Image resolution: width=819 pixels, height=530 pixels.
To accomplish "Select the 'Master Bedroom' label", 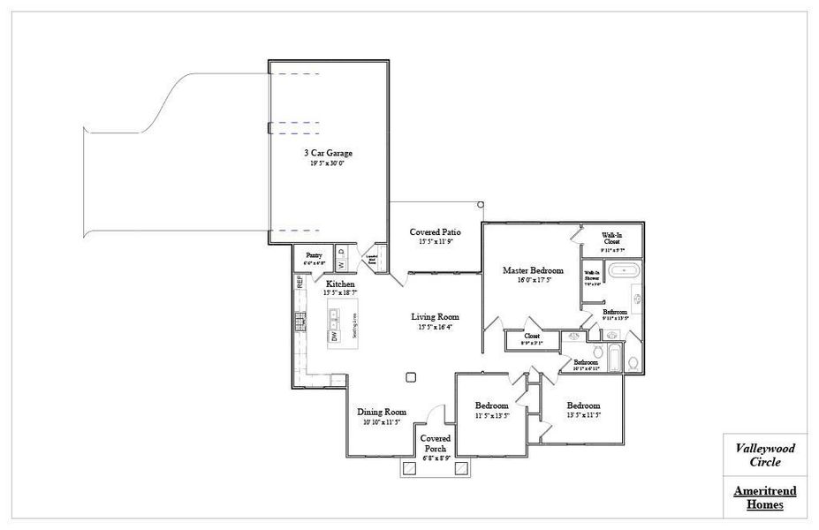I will point(533,269).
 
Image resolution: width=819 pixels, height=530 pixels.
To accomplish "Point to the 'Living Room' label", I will point(435,316).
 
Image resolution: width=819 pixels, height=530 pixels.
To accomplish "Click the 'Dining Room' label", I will point(382,412).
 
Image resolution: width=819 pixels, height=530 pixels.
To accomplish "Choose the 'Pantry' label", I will point(315,254).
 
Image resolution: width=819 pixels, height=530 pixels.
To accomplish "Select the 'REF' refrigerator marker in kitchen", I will point(300,282).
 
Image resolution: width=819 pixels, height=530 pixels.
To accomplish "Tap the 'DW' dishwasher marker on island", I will point(334,337).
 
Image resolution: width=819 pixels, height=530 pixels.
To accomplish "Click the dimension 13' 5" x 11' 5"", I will point(583,414).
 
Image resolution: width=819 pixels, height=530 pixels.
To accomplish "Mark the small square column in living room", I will point(411,377).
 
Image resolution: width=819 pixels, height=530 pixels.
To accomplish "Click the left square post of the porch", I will point(409,469).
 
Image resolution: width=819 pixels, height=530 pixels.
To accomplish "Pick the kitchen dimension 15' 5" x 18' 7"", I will point(340,291).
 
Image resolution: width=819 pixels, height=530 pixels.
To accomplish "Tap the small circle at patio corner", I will point(480,204).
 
